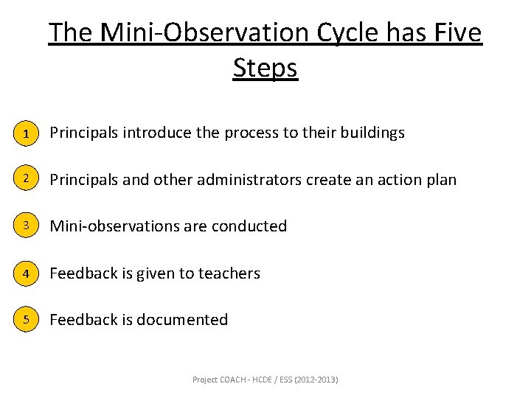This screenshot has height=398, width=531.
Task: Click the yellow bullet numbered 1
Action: pyautogui.click(x=26, y=134)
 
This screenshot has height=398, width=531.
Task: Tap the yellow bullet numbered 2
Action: pyautogui.click(x=26, y=180)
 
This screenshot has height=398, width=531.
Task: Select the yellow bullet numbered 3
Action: pyautogui.click(x=26, y=226)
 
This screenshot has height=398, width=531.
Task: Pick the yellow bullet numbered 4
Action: pyautogui.click(x=26, y=273)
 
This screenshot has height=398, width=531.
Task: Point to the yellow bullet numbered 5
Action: pyautogui.click(x=26, y=320)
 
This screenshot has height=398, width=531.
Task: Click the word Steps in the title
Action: pyautogui.click(x=265, y=68)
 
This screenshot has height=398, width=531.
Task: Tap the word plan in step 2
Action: pyautogui.click(x=440, y=180)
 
